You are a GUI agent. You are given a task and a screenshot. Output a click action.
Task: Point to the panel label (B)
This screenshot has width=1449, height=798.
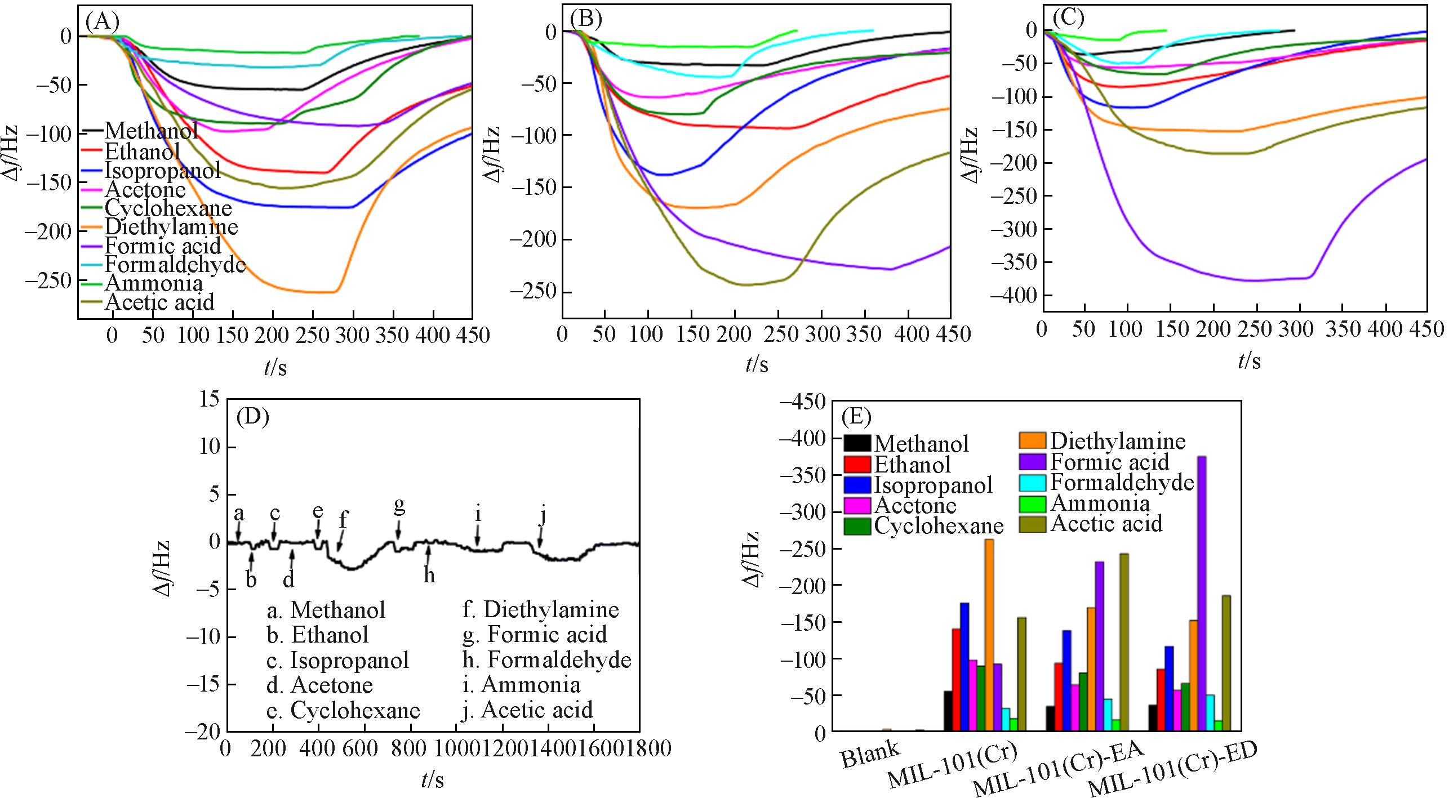[586, 19]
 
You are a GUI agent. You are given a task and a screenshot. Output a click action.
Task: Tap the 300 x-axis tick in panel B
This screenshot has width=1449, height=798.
[821, 334]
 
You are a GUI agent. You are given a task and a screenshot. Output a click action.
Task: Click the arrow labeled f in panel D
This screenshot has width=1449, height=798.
[339, 542]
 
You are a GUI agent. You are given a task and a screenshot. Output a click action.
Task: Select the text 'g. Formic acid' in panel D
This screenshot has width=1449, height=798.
[534, 634]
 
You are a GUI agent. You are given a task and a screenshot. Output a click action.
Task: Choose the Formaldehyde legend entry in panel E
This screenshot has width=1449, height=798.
[1121, 483]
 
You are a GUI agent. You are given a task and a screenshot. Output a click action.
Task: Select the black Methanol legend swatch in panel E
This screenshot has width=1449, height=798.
[857, 443]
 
